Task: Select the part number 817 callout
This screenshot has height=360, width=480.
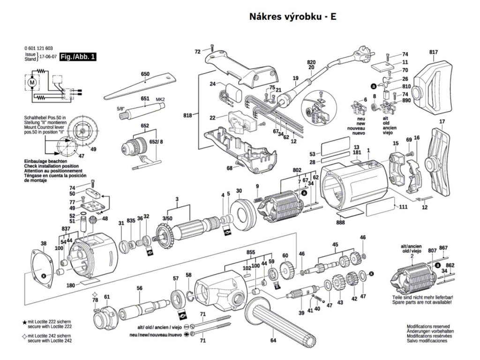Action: tap(433, 52)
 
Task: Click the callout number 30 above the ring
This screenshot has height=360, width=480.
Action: tap(239, 191)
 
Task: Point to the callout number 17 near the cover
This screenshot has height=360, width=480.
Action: tap(441, 122)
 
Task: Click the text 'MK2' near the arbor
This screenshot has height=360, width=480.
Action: tap(160, 100)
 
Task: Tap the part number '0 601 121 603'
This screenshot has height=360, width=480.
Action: tap(38, 49)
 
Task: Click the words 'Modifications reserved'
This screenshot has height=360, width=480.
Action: tap(428, 326)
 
